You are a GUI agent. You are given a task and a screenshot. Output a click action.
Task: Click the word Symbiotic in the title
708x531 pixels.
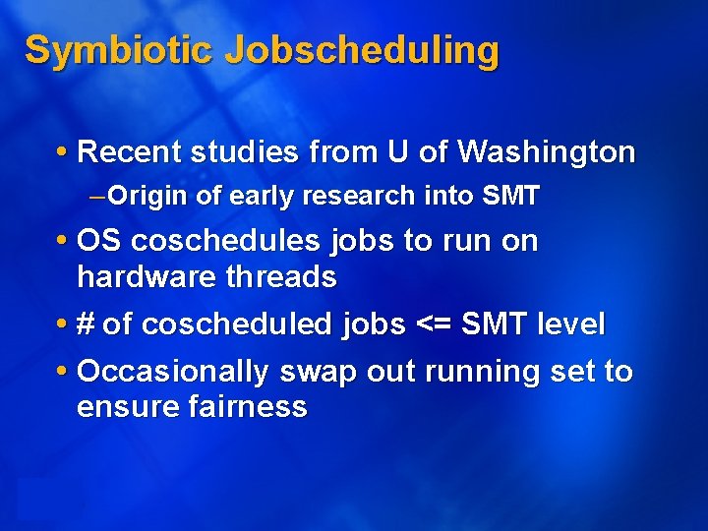click(x=119, y=49)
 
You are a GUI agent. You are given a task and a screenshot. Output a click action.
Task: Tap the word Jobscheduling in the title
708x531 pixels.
click(x=361, y=51)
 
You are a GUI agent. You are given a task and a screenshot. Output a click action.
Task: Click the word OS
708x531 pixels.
click(x=99, y=241)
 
